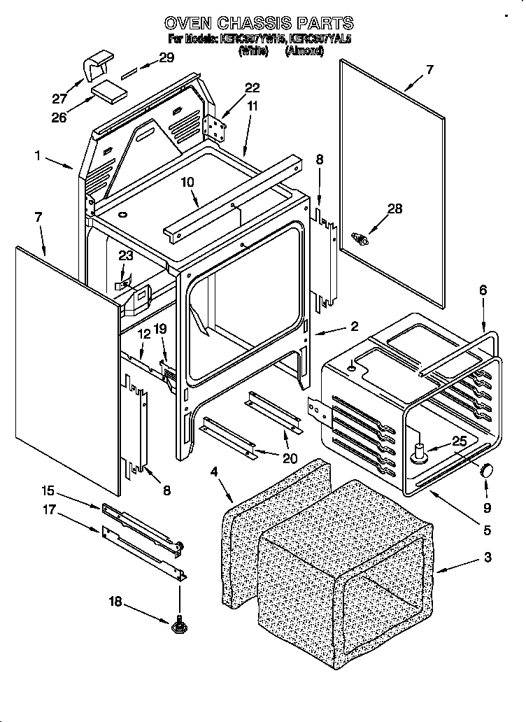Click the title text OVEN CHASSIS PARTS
coord(259,23)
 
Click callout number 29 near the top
coord(166,58)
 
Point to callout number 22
coord(252,87)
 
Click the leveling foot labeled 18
coord(178,624)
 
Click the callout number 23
coord(125,256)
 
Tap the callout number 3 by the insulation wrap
coord(487,558)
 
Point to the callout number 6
coord(483,290)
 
